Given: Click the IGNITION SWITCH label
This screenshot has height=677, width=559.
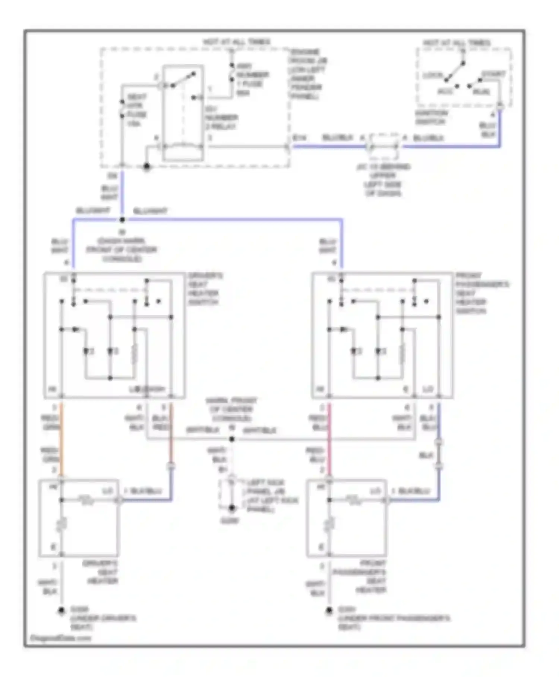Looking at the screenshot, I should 431,117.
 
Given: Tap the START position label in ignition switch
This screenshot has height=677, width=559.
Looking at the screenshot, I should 493,74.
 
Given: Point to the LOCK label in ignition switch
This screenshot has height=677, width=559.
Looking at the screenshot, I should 432,75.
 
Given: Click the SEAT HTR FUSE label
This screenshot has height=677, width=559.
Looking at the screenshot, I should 137,110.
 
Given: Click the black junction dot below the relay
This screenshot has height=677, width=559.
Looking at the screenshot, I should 147,166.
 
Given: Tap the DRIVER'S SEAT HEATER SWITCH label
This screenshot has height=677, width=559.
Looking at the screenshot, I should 205,288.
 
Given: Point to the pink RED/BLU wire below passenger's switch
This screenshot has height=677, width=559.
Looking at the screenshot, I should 329,437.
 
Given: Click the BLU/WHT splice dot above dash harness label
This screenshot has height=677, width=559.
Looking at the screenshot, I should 122,220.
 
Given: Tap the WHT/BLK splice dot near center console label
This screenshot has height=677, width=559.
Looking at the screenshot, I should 232,439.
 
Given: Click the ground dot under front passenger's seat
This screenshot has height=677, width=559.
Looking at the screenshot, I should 329,611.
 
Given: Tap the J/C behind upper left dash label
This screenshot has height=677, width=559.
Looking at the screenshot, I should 383,180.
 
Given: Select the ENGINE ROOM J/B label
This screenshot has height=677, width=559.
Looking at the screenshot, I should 307,74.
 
